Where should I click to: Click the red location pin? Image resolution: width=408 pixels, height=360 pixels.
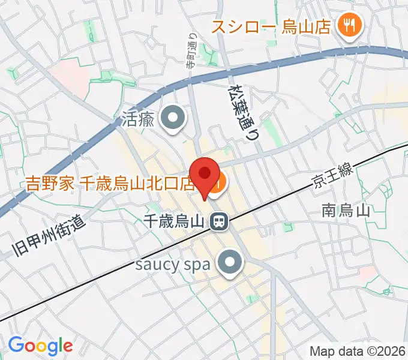pos(205,175)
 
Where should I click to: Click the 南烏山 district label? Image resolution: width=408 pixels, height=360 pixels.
pos(345,211)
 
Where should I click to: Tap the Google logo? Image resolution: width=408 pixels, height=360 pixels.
pos(41,345)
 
